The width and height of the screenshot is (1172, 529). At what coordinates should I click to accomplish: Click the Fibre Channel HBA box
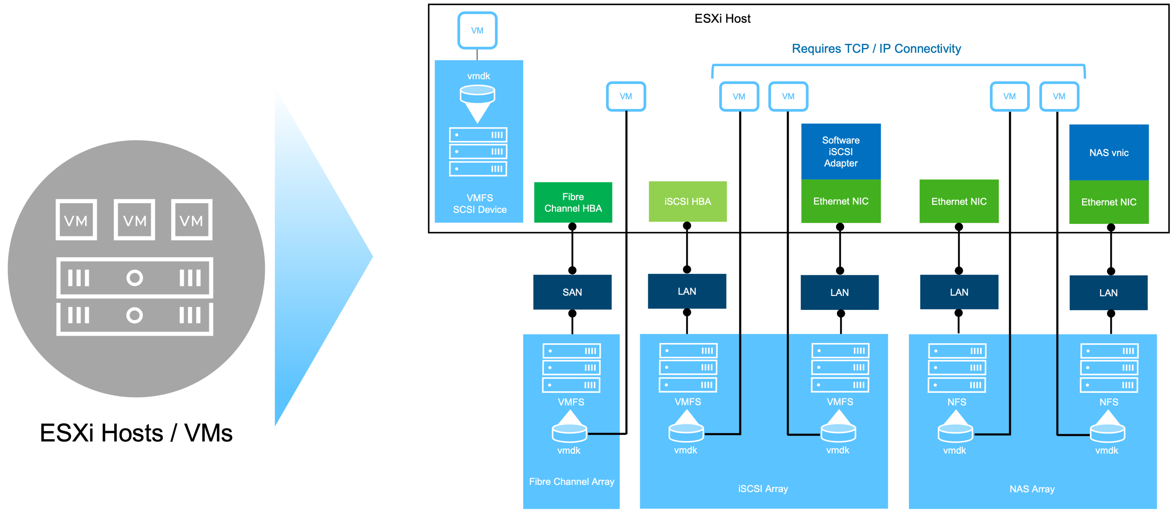pos(573,203)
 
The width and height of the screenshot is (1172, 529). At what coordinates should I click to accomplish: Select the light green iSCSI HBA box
pos(688,202)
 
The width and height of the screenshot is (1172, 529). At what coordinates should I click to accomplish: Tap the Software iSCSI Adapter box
pos(840,152)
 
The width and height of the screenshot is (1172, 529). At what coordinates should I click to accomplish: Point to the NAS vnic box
pos(1108,153)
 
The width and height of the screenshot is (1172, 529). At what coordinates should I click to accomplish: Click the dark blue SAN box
pos(572,292)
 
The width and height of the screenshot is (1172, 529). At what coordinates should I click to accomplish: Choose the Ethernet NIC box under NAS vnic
pos(1108,202)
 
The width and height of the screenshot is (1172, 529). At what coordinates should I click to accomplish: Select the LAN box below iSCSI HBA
pos(687,291)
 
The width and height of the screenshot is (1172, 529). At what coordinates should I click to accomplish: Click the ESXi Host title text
pos(722,18)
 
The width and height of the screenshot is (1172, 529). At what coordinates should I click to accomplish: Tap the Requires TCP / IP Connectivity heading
pos(876,49)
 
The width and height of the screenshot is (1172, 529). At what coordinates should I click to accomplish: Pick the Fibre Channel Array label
pos(571,481)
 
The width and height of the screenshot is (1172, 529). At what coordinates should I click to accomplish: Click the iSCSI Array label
pos(763,488)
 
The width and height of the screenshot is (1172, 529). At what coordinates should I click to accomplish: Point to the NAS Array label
pos(1031,489)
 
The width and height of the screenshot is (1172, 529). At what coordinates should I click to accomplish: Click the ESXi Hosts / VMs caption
pos(136,433)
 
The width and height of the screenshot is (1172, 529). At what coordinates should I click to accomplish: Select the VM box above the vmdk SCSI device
pos(477,31)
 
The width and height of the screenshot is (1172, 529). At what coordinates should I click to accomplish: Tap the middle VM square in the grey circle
pos(134,220)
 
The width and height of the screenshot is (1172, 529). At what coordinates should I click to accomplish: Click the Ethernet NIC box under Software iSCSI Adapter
pos(840,201)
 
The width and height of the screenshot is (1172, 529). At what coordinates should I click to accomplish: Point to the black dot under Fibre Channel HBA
pos(572,227)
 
